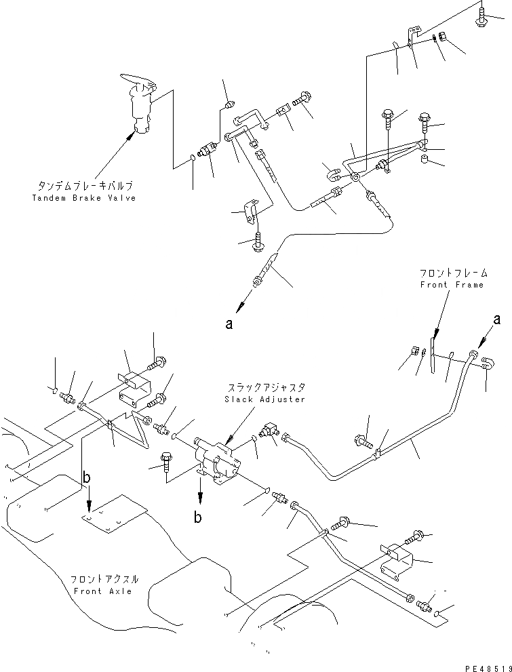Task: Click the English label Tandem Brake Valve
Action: point(84,198)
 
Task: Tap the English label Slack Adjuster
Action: point(264,399)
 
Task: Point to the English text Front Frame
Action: point(452,285)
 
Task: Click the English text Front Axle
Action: point(103,591)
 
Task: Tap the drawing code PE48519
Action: point(488,668)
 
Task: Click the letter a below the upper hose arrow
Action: point(229,324)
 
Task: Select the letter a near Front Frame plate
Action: point(496,319)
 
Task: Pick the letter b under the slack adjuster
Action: point(197,517)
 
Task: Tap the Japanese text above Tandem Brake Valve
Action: point(85,186)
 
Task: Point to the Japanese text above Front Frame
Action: point(453,273)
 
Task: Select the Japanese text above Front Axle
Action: point(104,579)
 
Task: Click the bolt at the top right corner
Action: point(482,16)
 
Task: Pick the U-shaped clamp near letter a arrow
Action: point(488,364)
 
